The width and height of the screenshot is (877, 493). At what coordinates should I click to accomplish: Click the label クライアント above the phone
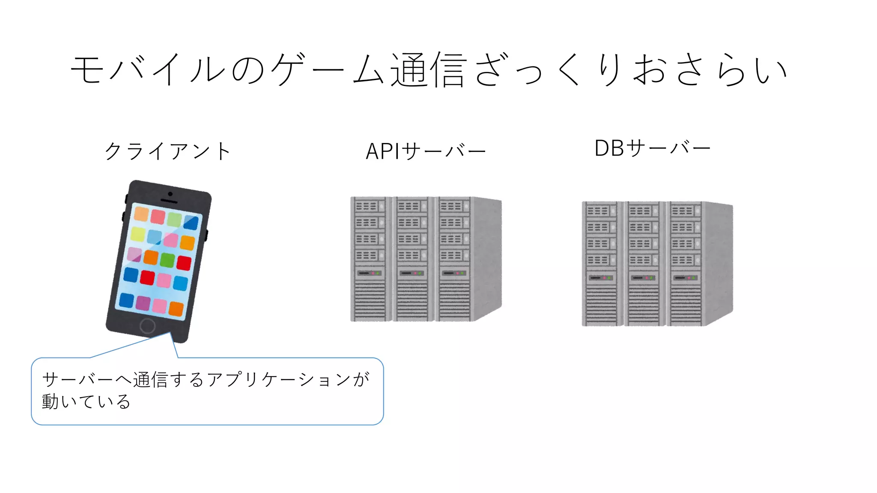point(168,151)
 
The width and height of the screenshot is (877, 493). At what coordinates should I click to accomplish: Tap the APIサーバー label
point(426,151)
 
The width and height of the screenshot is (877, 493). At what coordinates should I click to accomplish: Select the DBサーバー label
point(652,148)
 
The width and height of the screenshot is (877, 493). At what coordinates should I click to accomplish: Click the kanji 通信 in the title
point(428,69)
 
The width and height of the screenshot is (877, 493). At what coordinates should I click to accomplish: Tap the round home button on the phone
point(147,326)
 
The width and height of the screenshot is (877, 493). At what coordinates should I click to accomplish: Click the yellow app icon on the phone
point(138,234)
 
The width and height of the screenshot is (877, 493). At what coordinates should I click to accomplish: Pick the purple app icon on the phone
point(143,303)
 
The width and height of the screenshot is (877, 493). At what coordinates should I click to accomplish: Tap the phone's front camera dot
point(170,194)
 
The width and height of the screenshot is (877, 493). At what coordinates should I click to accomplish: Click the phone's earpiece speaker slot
point(169,201)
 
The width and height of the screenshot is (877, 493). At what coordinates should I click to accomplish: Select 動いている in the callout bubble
point(86,401)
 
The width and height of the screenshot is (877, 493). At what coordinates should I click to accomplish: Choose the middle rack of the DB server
point(643,264)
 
